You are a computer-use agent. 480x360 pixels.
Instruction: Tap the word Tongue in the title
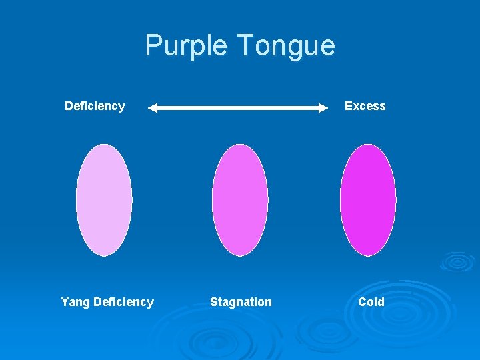(286, 46)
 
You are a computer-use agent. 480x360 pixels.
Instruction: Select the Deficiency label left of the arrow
(95, 106)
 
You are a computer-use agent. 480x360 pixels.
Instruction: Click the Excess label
(365, 106)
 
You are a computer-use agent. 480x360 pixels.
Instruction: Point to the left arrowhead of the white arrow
(153, 107)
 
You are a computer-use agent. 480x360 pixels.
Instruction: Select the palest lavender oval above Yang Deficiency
(104, 200)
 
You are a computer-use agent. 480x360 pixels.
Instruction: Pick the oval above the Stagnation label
(240, 200)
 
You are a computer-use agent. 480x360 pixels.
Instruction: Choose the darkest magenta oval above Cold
(368, 200)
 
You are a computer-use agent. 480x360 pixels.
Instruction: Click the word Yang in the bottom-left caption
(75, 302)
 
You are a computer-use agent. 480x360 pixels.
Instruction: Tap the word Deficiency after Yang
(123, 302)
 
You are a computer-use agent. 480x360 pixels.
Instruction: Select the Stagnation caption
(241, 302)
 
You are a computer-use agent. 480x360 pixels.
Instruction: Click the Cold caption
(371, 302)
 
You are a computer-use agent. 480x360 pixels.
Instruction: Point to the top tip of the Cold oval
(368, 145)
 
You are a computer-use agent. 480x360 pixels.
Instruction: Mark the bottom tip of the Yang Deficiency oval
(104, 255)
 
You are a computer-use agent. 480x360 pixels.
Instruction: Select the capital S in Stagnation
(214, 302)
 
